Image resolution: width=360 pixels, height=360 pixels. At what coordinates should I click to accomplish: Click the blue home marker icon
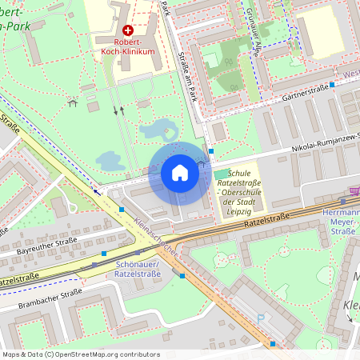point(179,173)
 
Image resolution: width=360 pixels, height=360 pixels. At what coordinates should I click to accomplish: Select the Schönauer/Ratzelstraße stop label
point(138,270)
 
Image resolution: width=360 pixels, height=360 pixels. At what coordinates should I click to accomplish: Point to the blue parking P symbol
point(260,318)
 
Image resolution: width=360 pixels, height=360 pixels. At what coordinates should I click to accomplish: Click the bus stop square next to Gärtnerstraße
point(332,84)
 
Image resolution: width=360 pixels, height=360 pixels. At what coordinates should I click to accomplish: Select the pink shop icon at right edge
point(354,191)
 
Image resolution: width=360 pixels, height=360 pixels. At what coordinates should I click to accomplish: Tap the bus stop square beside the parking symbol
point(273,343)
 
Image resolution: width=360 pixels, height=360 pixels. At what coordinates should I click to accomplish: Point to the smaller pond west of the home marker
point(110,161)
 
